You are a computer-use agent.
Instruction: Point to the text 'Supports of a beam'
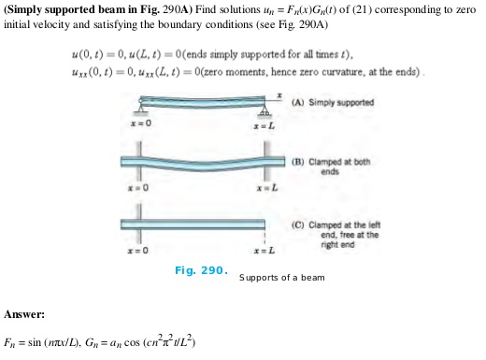click(x=279, y=278)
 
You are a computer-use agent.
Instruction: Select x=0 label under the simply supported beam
click(x=138, y=123)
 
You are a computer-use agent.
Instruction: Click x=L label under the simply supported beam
click(x=265, y=123)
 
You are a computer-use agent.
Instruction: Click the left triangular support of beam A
click(x=138, y=110)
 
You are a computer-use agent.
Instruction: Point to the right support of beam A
click(x=265, y=110)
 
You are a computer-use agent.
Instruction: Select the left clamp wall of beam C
click(x=138, y=225)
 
